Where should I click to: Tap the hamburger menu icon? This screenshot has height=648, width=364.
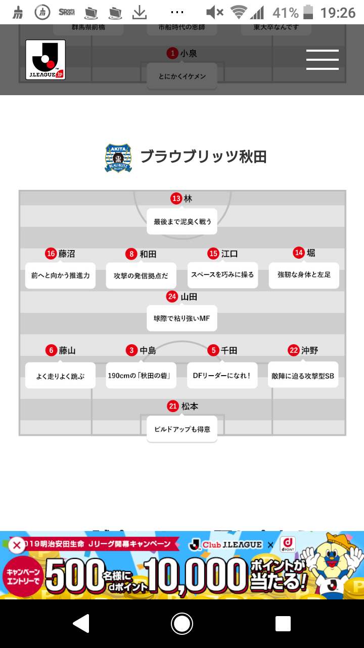click(x=322, y=60)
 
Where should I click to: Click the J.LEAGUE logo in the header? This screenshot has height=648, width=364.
click(x=45, y=60)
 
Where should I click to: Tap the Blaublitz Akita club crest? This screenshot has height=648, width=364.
click(x=118, y=158)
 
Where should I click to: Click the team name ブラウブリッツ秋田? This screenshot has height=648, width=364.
click(x=203, y=157)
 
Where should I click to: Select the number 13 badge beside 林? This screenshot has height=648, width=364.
click(x=176, y=198)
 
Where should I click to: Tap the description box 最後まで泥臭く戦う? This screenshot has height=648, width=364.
click(x=182, y=221)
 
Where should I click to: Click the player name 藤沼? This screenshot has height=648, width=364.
click(x=67, y=254)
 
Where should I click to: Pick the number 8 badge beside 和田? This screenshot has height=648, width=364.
click(x=131, y=254)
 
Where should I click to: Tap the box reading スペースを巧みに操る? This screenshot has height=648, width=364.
click(x=222, y=275)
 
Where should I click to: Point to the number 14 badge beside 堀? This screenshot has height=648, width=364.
click(x=299, y=253)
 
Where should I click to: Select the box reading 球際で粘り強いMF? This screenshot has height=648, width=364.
click(x=182, y=318)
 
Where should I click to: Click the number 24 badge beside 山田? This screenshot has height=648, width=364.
click(x=172, y=297)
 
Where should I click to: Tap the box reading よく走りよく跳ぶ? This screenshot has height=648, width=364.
click(x=60, y=376)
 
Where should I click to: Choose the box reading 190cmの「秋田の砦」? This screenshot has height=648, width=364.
click(x=141, y=376)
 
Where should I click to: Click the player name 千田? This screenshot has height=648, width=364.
click(x=229, y=350)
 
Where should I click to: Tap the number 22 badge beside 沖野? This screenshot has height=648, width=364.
click(x=294, y=350)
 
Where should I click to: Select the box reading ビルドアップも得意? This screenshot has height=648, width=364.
click(x=182, y=429)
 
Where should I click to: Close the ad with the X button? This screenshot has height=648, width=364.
click(x=17, y=545)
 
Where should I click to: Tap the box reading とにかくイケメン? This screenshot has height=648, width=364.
click(x=182, y=76)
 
